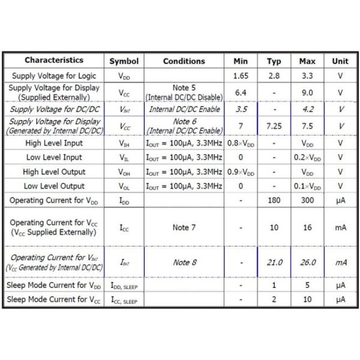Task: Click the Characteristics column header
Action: (54, 61)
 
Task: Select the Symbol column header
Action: (124, 61)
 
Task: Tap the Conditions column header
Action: (184, 61)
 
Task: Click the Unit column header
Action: (340, 61)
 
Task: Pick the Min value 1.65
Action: (241, 76)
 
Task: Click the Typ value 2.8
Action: (274, 76)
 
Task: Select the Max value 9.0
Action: (308, 93)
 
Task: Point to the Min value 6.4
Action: (241, 93)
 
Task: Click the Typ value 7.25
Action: (274, 127)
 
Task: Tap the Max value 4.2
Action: (308, 110)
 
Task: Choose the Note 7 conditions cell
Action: (184, 229)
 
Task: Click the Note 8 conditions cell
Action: (184, 262)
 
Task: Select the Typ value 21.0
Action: (274, 262)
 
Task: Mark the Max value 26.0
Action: (308, 262)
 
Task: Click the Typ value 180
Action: (274, 200)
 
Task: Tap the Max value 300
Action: (308, 200)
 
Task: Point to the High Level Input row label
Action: (54, 143)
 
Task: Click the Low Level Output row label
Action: (54, 186)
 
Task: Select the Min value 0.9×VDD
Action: (241, 172)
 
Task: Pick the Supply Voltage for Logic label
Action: (54, 76)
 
